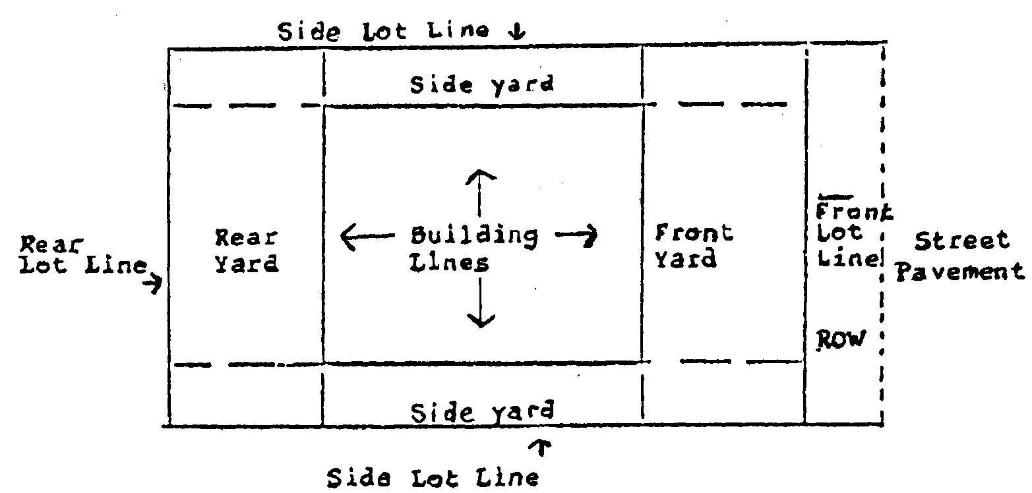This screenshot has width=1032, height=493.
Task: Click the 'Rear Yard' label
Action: pos(247,250)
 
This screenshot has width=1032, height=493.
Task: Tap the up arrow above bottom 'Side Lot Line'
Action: pos(544,449)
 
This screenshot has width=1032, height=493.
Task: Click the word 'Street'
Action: pos(962,241)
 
